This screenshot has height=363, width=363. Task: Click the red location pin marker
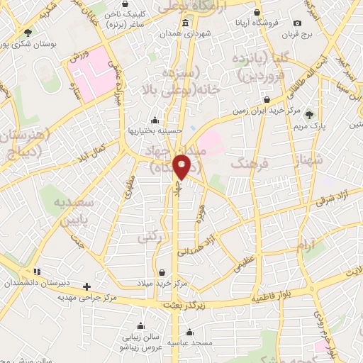[182, 167]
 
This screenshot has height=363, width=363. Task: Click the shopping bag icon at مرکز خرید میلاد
[164, 272]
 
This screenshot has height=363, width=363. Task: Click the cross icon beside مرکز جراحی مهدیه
[86, 286]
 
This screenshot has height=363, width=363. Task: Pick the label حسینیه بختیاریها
[153, 130]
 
